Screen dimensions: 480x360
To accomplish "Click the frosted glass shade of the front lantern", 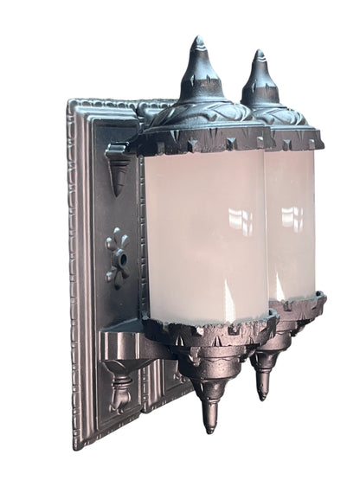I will (203, 234).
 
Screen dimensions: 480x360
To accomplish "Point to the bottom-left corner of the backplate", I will (77, 445).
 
